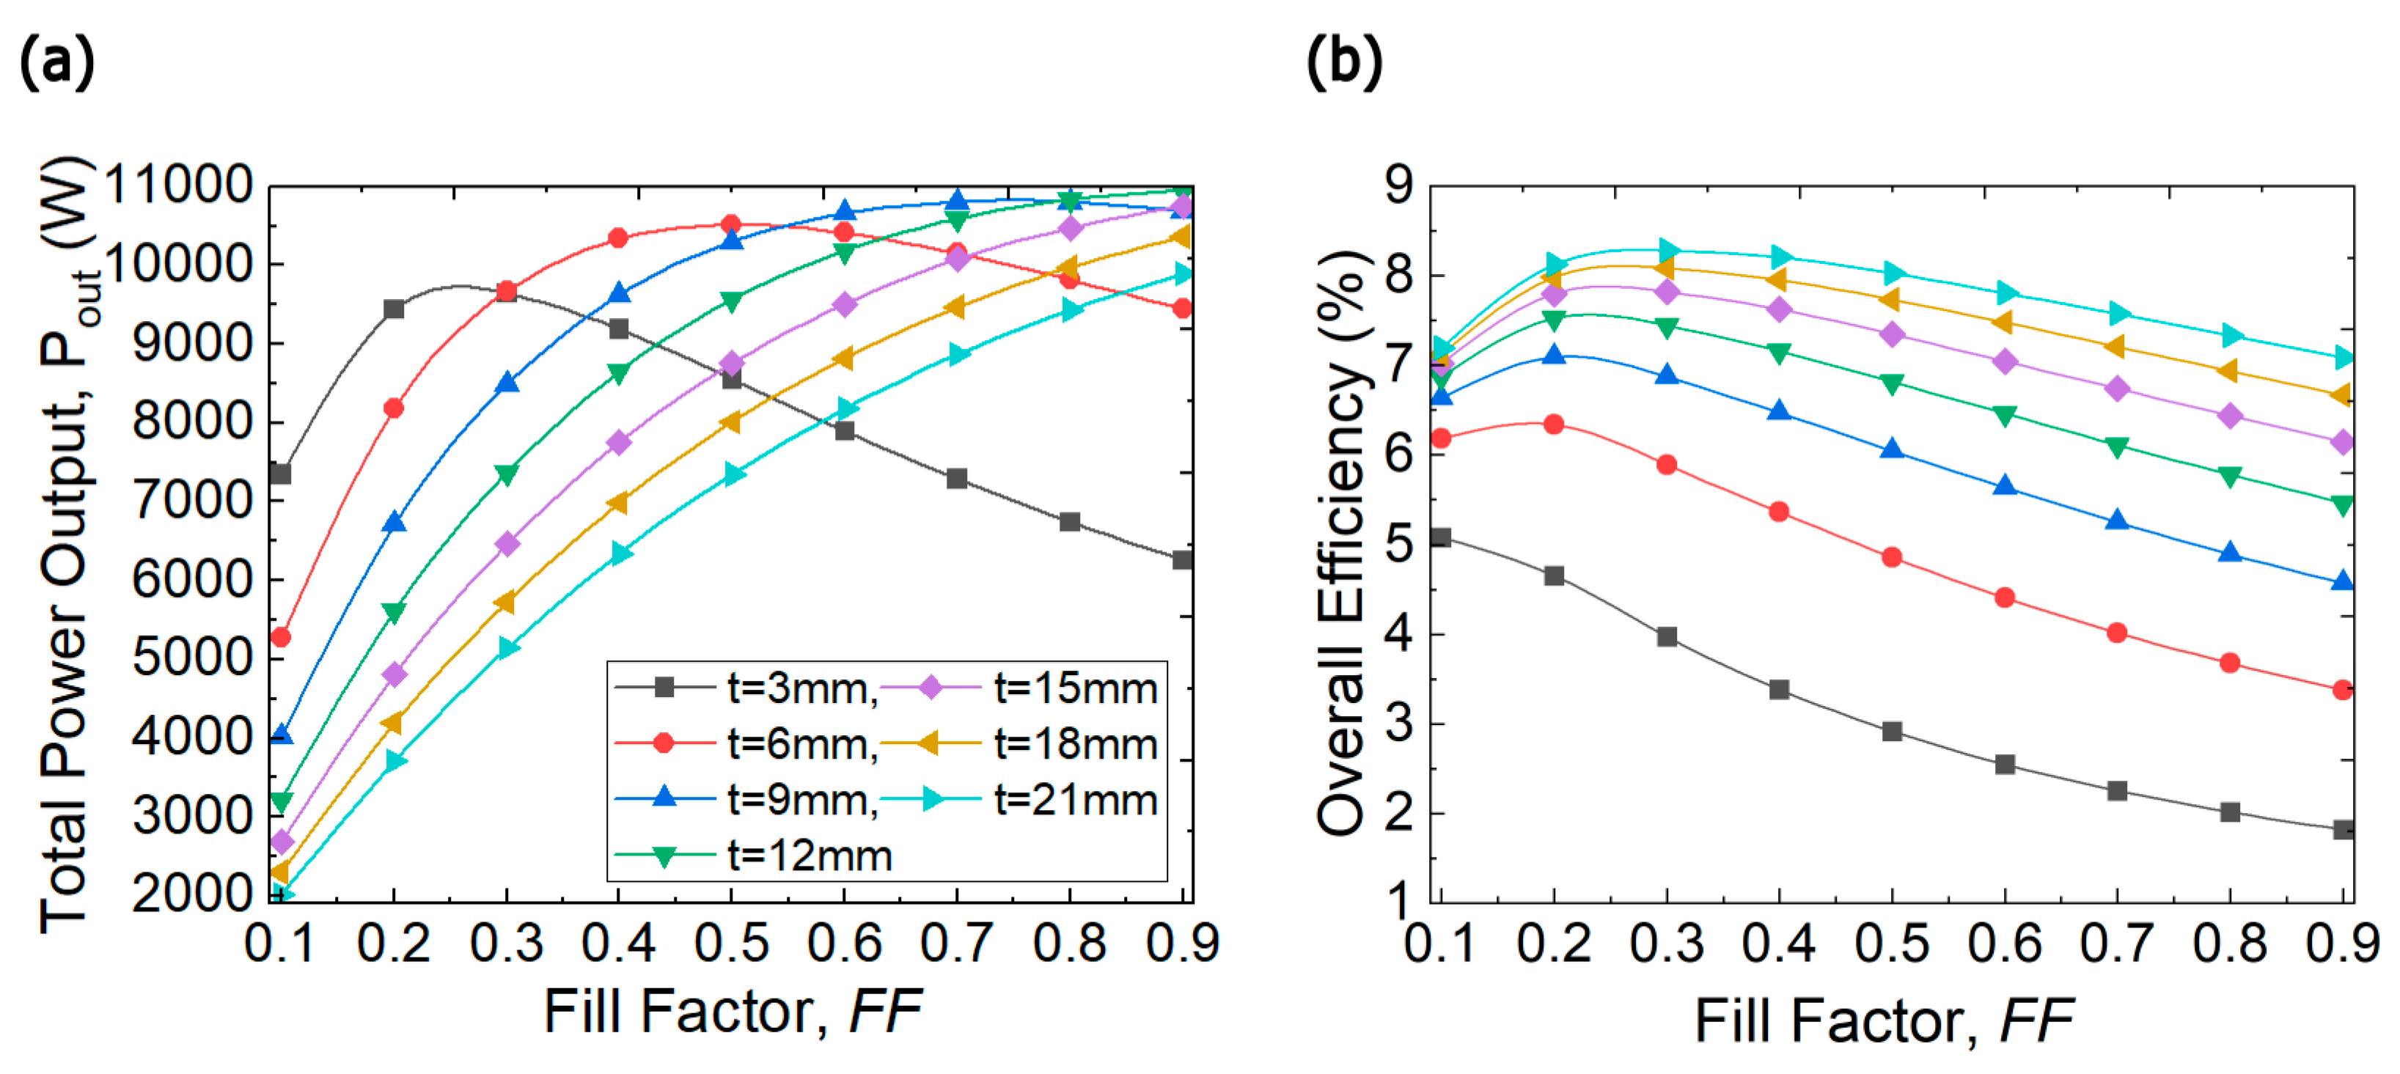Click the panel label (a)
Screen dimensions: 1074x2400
click(x=56, y=63)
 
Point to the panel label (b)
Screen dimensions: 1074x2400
click(x=1343, y=63)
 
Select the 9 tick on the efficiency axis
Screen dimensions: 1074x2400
click(x=1398, y=185)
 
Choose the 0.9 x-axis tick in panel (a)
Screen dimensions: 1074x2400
click(x=1182, y=943)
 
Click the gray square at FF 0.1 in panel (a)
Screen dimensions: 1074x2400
click(x=280, y=474)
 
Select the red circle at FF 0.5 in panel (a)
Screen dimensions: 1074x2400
click(x=731, y=224)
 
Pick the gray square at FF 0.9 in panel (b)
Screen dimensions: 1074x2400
click(x=2343, y=829)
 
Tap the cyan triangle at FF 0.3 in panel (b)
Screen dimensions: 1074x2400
click(x=1667, y=250)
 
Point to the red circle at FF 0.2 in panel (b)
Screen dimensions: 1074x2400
click(x=1554, y=424)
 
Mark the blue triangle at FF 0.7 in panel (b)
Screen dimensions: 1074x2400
click(x=2118, y=521)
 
